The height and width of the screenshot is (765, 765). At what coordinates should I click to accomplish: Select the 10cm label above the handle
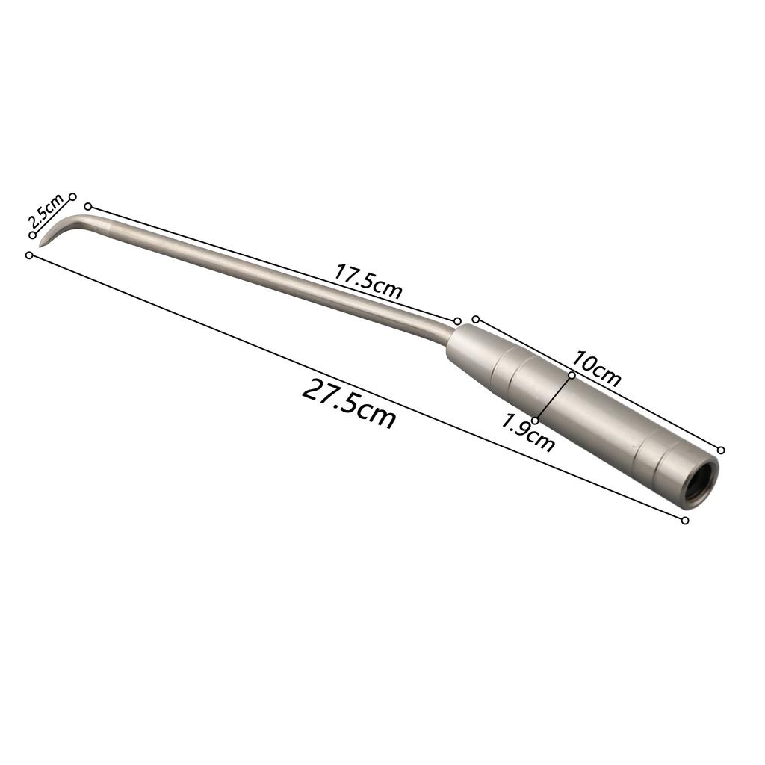point(597,368)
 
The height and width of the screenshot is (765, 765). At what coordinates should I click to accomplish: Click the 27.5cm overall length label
point(349,403)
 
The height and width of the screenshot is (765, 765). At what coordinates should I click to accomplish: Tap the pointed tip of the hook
point(40,245)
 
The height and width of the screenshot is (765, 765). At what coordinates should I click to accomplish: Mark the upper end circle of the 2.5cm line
point(73,196)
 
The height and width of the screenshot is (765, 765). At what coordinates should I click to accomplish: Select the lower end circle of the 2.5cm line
point(32,235)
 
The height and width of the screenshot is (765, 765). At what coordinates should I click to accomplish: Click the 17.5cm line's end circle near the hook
point(88,206)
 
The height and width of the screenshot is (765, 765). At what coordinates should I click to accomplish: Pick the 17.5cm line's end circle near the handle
point(458,320)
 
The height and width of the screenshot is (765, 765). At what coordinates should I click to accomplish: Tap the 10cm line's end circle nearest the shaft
point(476,319)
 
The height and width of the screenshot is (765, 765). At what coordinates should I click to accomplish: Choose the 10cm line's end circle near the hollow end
point(721,450)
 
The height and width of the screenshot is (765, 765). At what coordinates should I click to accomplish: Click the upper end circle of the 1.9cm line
point(572,375)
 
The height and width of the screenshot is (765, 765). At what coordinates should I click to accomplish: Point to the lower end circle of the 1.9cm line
point(535,421)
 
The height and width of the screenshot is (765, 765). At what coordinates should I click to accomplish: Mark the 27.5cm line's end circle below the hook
point(29,255)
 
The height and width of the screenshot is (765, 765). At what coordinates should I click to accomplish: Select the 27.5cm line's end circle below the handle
point(685,520)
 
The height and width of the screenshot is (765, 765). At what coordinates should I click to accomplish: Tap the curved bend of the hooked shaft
point(75,221)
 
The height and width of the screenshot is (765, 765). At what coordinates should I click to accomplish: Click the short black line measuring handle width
point(554,398)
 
